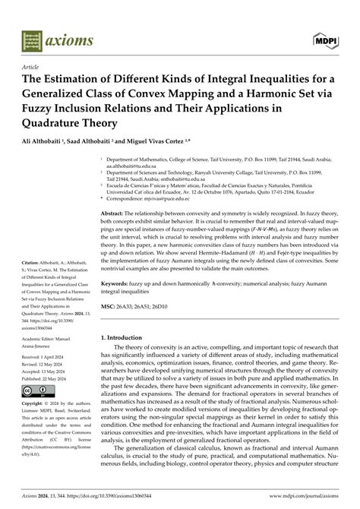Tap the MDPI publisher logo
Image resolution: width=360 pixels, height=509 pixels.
pos(329,38)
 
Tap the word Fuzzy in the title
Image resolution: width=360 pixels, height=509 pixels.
pos(30,114)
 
